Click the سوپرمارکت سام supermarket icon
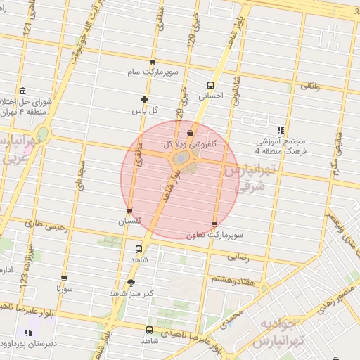[x=152, y=62]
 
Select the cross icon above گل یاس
[x=145, y=100]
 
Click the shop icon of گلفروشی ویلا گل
[x=190, y=133]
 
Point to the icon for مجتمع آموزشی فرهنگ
[x=281, y=130]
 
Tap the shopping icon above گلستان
[x=129, y=210]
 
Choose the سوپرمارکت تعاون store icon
[x=214, y=224]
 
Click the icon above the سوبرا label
[x=64, y=278]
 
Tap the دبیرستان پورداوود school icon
[x=27, y=333]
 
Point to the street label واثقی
[x=310, y=85]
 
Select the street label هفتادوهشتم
[x=229, y=279]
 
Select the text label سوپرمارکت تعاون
[x=215, y=235]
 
